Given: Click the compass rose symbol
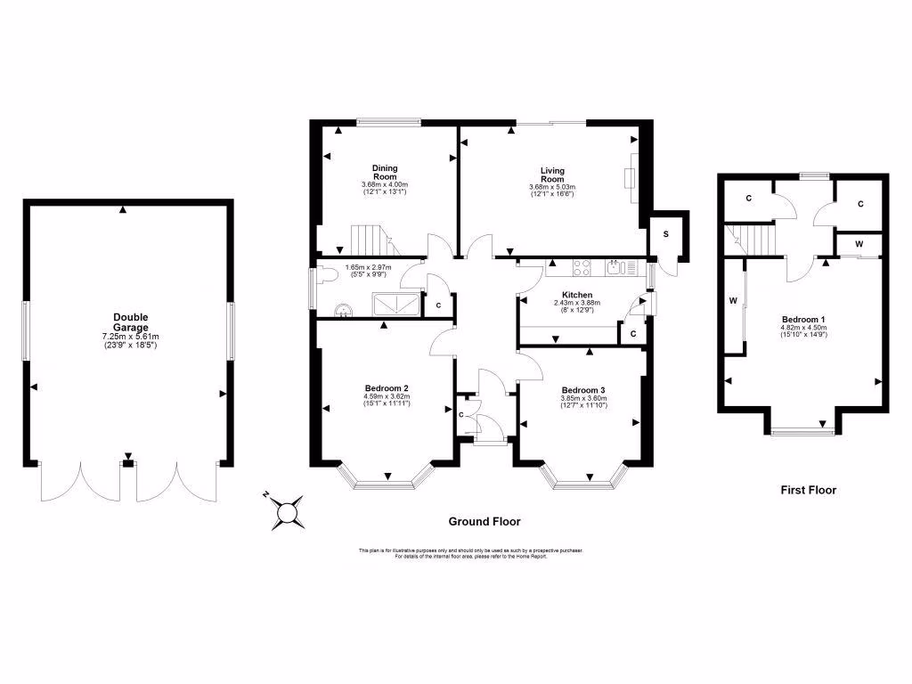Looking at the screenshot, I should [287, 511].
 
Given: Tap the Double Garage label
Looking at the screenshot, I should [130, 318].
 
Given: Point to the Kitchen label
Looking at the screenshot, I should [577, 295].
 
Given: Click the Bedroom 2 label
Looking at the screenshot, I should [387, 388].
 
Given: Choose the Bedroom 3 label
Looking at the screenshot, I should [583, 390].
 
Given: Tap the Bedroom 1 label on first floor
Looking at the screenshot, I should [803, 320].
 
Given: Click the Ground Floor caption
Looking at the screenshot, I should [484, 522].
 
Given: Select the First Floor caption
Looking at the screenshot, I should [808, 490].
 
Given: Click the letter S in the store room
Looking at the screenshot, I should [665, 233].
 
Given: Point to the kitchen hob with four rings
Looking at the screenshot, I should [584, 265].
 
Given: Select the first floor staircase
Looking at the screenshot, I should [757, 239].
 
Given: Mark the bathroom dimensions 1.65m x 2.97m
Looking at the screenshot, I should [367, 265].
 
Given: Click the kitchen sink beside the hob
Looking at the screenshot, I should [615, 265].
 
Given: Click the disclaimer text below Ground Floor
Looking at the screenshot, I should [470, 552].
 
